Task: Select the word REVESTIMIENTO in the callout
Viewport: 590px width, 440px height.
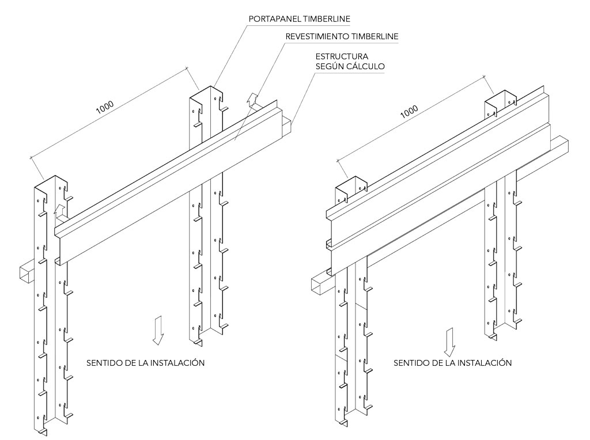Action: (316, 36)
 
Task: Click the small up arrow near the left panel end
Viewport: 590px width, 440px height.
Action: (58, 210)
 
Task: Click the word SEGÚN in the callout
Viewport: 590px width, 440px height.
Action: (331, 66)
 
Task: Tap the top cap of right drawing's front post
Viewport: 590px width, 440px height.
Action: (349, 187)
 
